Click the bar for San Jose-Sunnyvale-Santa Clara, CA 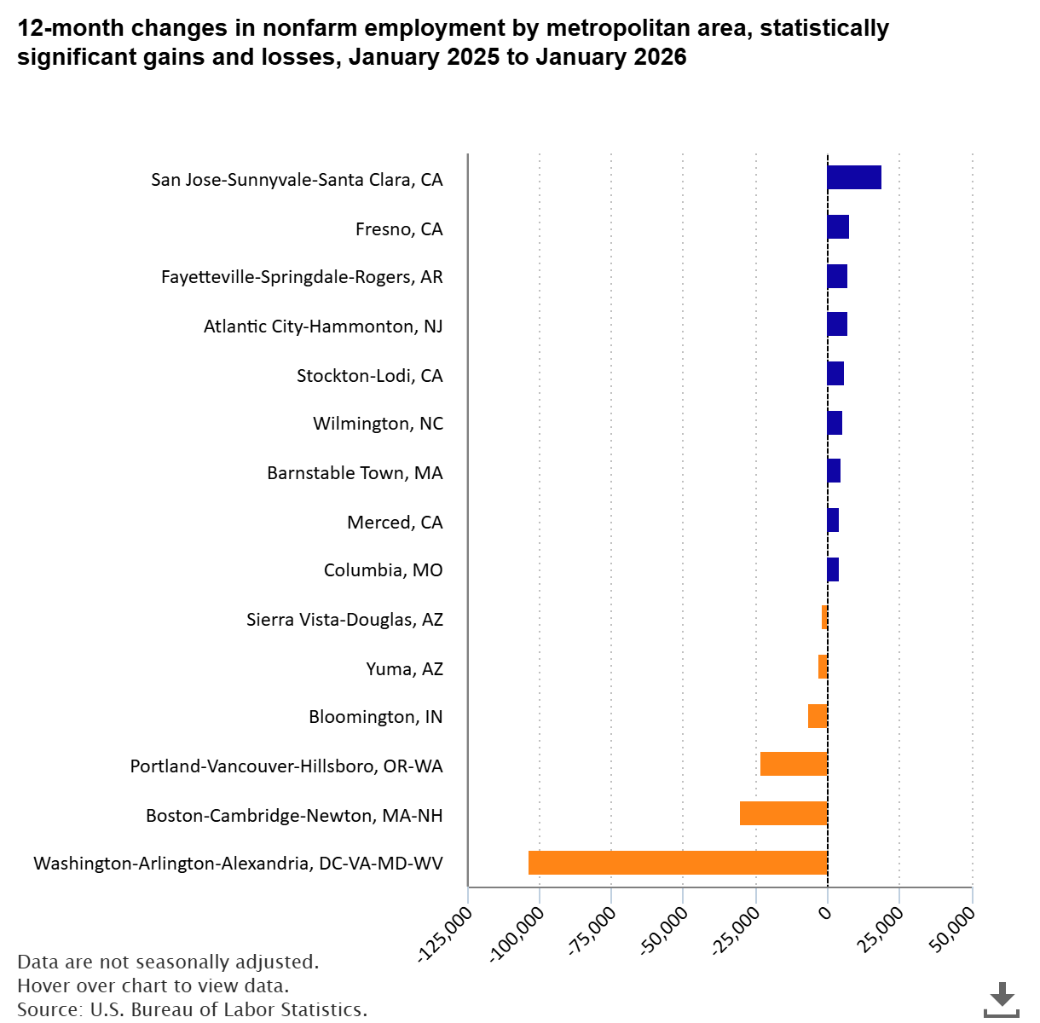pyautogui.click(x=853, y=177)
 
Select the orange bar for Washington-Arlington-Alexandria pyautogui.click(x=678, y=863)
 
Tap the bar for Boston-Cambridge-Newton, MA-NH pyautogui.click(x=783, y=813)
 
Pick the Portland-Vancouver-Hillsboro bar pyautogui.click(x=794, y=764)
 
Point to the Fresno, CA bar pyautogui.click(x=838, y=227)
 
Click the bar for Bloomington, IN pyautogui.click(x=818, y=716)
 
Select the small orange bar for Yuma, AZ pyautogui.click(x=823, y=667)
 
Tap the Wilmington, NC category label pyautogui.click(x=378, y=424)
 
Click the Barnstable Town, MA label pyautogui.click(x=355, y=473)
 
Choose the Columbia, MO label pyautogui.click(x=383, y=570)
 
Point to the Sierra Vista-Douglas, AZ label pyautogui.click(x=344, y=620)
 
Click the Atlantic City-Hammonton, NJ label pyautogui.click(x=323, y=327)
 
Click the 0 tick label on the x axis pyautogui.click(x=824, y=913)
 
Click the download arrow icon pyautogui.click(x=1002, y=998)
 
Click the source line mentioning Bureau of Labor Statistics pyautogui.click(x=192, y=1009)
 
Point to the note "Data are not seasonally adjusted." pyautogui.click(x=168, y=962)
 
